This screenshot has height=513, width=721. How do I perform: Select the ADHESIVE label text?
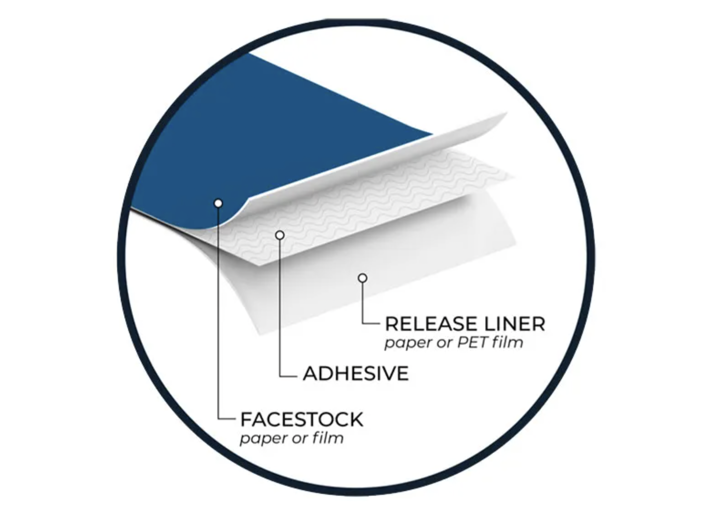(356, 374)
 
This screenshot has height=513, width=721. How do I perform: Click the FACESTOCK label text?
(302, 419)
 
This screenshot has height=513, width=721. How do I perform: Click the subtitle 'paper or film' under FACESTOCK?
(292, 439)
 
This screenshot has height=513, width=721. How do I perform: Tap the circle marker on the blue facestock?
(218, 203)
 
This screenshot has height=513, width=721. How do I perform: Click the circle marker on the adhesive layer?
(280, 235)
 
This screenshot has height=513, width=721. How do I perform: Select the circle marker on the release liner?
(362, 278)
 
